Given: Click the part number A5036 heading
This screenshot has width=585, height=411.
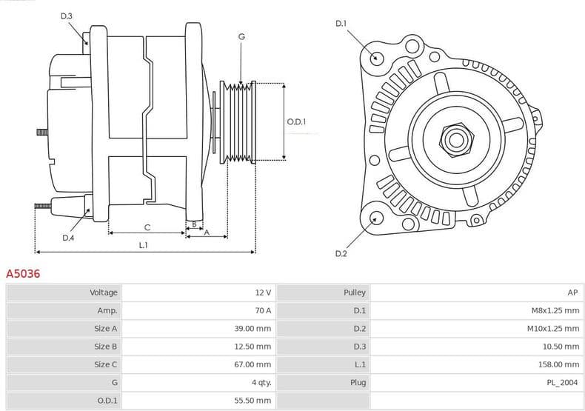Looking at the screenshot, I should (x=23, y=273).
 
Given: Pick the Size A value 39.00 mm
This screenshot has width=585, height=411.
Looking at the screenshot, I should (x=253, y=328).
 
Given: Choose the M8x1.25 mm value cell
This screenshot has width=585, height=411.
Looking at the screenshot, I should (x=550, y=310).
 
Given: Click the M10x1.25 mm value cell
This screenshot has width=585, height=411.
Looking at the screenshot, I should (x=548, y=328).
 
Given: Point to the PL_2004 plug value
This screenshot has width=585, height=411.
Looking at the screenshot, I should (x=561, y=382).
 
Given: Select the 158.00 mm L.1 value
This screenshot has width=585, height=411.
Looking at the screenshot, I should (x=558, y=364).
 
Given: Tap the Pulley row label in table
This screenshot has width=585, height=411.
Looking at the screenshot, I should (x=355, y=293).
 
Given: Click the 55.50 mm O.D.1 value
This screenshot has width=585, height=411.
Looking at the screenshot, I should (x=253, y=400).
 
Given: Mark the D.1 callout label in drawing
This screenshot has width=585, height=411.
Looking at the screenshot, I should (x=341, y=24).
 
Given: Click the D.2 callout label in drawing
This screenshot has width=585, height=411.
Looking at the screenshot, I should (x=341, y=254).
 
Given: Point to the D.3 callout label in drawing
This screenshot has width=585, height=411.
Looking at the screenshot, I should (x=67, y=16).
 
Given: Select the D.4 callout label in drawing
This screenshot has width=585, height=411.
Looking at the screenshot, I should (x=68, y=238).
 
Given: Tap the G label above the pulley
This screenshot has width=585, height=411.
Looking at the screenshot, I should (x=241, y=36).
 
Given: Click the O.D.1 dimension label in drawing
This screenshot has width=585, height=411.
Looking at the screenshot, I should (x=296, y=121).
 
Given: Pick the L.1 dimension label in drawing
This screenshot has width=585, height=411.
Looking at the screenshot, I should (x=143, y=245).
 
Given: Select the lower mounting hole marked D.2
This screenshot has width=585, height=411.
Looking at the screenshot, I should (x=376, y=218).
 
